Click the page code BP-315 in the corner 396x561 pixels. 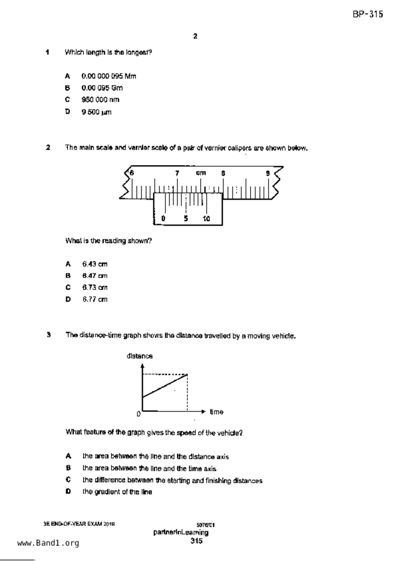tap(368, 14)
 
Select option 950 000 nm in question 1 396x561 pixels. tap(100, 100)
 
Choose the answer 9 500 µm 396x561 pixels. tap(97, 112)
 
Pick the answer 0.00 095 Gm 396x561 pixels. tap(102, 88)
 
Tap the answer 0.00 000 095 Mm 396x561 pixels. tap(109, 76)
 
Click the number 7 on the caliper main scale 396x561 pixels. tap(177, 173)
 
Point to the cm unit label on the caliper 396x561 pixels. tap(201, 173)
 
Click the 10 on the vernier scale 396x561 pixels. tap(206, 219)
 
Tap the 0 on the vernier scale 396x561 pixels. tap(163, 219)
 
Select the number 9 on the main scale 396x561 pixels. tap(268, 173)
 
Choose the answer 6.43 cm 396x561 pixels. tap(95, 264)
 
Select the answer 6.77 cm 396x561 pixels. tap(95, 299)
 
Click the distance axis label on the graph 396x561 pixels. tap(140, 356)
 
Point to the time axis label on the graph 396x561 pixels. tap(216, 412)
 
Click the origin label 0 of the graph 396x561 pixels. tap(138, 414)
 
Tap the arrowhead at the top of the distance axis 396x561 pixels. tap(142, 366)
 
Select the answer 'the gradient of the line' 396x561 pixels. tap(117, 492)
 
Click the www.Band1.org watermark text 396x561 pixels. tap(48, 543)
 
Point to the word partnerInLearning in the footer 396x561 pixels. tap(181, 533)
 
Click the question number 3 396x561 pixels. tap(49, 335)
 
